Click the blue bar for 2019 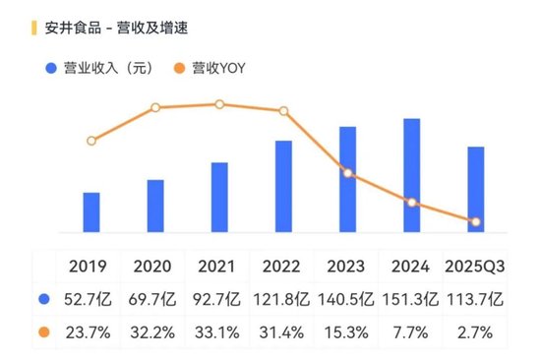[91, 211]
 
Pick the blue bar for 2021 [219, 197]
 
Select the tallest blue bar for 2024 [412, 175]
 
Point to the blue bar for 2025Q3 [476, 189]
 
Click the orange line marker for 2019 [91, 141]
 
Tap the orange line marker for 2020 [155, 107]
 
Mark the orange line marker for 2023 [348, 174]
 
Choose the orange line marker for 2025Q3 [476, 222]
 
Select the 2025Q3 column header [475, 267]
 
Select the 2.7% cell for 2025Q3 [475, 331]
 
